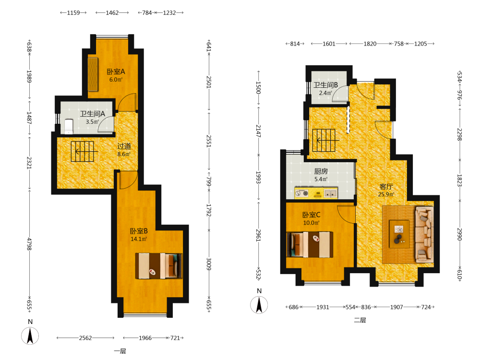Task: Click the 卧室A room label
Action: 116,72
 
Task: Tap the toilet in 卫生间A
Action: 69,126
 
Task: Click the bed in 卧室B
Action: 159,266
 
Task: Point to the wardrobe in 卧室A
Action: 93,74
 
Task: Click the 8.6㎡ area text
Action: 124,154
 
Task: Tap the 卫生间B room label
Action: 325,85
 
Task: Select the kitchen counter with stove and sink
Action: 316,193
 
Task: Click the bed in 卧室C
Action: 310,245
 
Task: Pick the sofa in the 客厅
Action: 424,235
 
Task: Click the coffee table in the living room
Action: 399,234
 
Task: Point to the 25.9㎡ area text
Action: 386,194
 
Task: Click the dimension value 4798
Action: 29,244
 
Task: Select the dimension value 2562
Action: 85,338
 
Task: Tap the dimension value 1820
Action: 370,44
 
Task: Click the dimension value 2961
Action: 258,235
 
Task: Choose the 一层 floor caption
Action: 120,351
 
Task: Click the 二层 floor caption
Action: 360,320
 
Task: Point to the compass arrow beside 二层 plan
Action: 259,305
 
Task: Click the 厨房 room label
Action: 321,171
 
